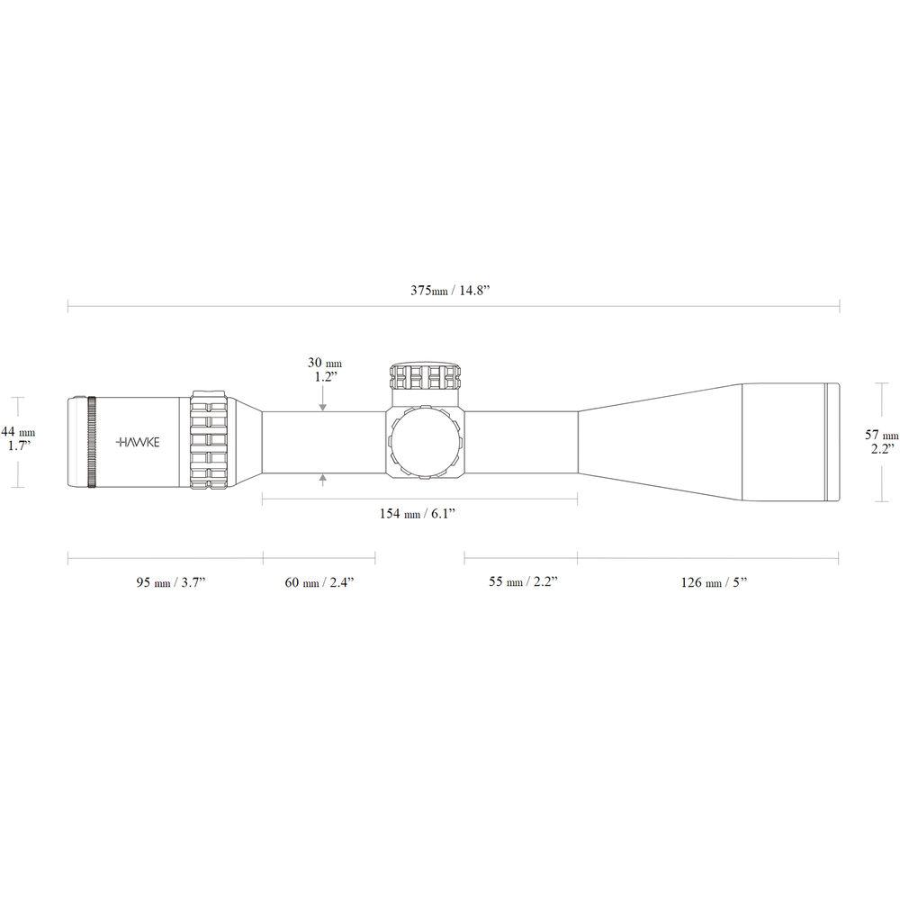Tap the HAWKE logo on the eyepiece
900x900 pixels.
point(137,442)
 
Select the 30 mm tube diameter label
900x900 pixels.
point(324,363)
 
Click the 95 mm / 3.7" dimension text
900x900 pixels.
point(170,582)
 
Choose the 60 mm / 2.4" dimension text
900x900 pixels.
point(319,582)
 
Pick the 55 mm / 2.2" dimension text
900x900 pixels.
point(523,582)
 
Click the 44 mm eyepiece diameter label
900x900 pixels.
point(21,431)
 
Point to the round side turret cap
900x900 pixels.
point(425,442)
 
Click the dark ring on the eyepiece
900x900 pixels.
point(92,442)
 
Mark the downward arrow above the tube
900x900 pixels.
point(323,404)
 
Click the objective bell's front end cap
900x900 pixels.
point(833,442)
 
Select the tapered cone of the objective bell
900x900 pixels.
point(657,442)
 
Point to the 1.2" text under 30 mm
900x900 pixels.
point(324,377)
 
